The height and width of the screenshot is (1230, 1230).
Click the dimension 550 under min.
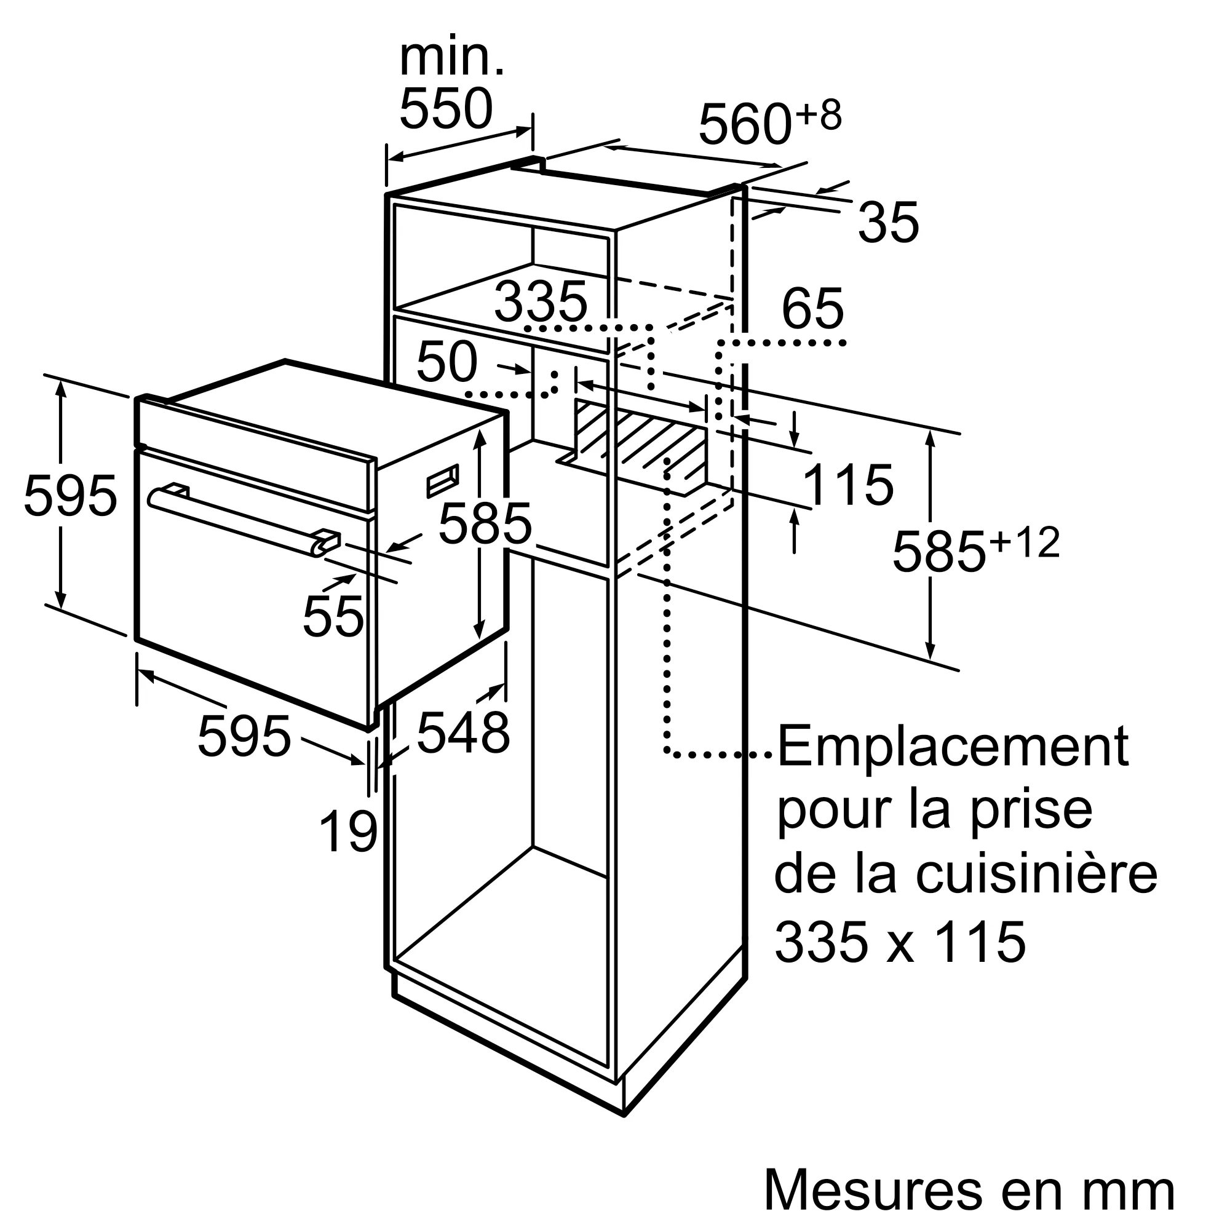click(446, 109)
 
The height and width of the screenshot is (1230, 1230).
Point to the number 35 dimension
click(888, 223)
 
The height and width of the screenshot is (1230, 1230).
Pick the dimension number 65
click(812, 309)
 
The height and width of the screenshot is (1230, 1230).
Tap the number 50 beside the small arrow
click(446, 362)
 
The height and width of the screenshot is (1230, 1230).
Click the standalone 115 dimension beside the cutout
click(848, 485)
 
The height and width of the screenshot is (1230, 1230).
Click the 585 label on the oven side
click(485, 523)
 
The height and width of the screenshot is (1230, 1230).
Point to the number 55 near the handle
click(333, 616)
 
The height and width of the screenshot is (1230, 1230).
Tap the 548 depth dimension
click(463, 733)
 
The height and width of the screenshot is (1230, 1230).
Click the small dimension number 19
click(348, 832)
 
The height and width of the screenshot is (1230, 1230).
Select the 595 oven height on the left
click(70, 496)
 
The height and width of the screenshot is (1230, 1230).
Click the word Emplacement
click(952, 746)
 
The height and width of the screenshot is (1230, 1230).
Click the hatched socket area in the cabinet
click(643, 439)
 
